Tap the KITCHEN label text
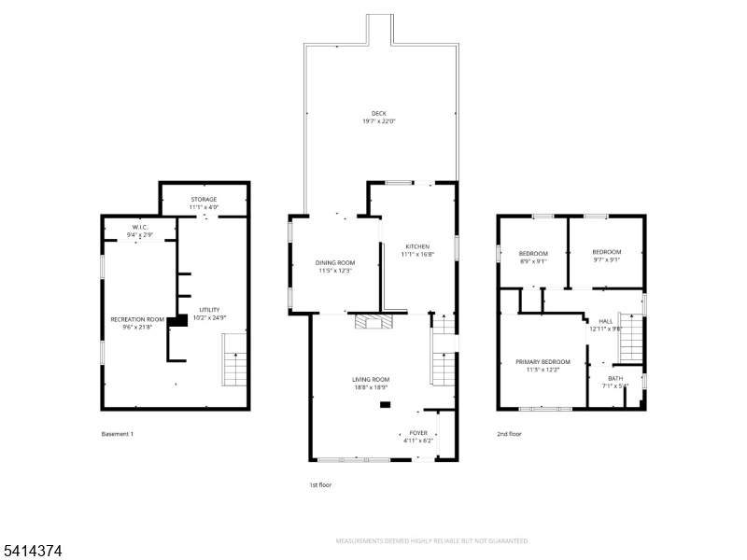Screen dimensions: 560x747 coord(417,246)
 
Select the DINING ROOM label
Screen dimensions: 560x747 coord(334,262)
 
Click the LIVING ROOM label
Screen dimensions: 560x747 coord(371,379)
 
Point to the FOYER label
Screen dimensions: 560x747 coord(418,433)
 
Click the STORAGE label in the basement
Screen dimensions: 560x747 coord(204,200)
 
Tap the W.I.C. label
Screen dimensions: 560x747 coord(141,227)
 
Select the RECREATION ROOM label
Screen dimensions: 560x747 coord(137,319)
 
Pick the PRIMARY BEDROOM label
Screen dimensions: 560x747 coord(543,361)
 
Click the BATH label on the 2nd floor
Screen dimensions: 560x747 coord(615,378)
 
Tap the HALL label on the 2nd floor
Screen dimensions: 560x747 coord(605,321)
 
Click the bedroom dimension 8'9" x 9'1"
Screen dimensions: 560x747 coord(533,261)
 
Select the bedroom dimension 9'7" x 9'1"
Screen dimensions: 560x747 coord(606,260)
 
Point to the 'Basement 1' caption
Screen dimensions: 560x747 coord(117,434)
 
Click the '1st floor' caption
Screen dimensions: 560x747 coord(320,484)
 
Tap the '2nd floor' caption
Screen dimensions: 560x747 coord(509,434)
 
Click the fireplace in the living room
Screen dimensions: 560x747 coord(374,324)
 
